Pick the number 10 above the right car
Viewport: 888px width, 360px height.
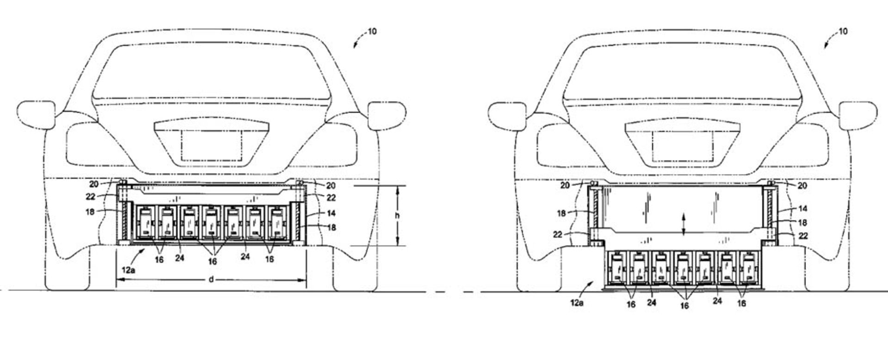click(843, 32)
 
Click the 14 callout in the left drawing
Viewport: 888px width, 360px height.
click(331, 213)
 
